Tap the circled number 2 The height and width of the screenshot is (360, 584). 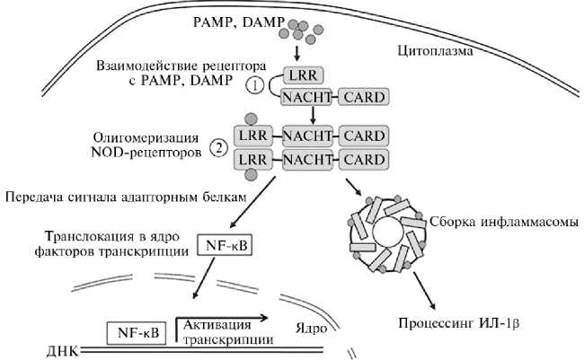218,148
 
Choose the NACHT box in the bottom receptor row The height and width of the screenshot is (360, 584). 309,160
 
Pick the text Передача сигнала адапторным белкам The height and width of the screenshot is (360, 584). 125,197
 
